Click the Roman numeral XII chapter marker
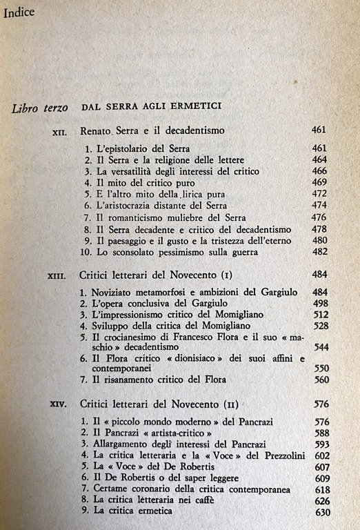(x=60, y=130)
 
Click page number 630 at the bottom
(x=321, y=513)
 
